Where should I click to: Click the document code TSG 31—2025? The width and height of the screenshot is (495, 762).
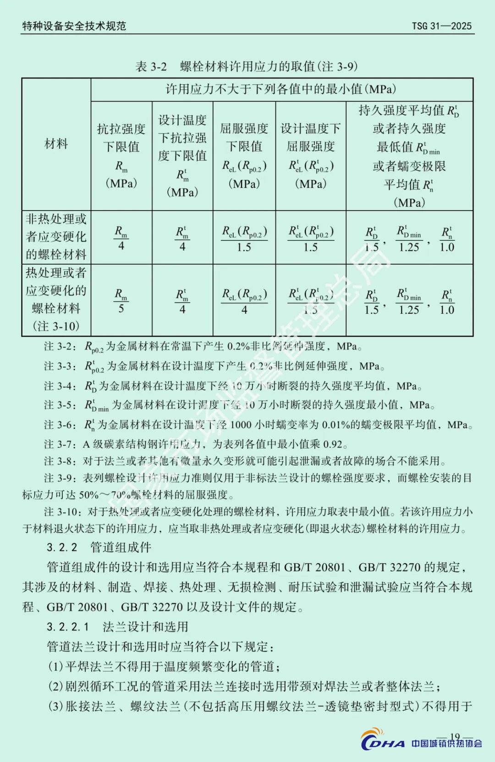pyautogui.click(x=441, y=26)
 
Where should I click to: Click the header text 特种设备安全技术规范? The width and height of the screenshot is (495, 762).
pyautogui.click(x=74, y=26)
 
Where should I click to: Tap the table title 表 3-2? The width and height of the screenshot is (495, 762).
pyautogui.click(x=151, y=67)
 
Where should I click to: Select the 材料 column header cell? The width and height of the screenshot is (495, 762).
pyautogui.click(x=56, y=144)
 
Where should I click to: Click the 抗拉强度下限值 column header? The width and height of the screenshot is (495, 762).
pyautogui.click(x=121, y=156)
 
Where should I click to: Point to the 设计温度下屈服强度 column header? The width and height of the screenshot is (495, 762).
pyautogui.click(x=311, y=156)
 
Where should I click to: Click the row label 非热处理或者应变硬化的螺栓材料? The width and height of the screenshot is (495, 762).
pyautogui.click(x=56, y=237)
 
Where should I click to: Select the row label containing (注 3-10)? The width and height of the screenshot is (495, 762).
pyautogui.click(x=56, y=299)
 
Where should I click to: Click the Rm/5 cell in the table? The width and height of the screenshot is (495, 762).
pyautogui.click(x=121, y=300)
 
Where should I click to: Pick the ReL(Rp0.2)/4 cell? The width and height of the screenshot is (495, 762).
pyautogui.click(x=244, y=300)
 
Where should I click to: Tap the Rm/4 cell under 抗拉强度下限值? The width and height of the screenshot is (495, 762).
pyautogui.click(x=121, y=238)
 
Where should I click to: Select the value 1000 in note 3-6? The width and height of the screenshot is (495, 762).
pyautogui.click(x=241, y=425)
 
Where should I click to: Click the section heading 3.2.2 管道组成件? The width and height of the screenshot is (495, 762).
pyautogui.click(x=99, y=547)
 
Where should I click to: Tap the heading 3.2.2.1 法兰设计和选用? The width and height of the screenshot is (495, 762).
pyautogui.click(x=117, y=627)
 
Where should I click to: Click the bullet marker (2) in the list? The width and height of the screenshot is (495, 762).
pyautogui.click(x=55, y=686)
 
